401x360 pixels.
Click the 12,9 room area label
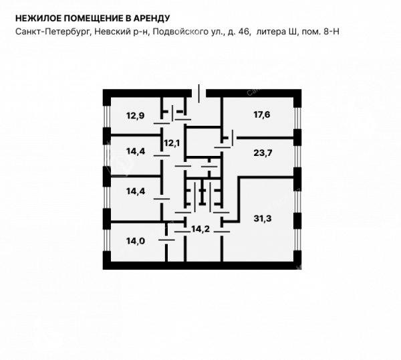(135, 116)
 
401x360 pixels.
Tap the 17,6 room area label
(262, 114)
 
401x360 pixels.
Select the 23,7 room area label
(263, 153)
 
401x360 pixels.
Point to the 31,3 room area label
(263, 219)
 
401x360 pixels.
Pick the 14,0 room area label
(136, 241)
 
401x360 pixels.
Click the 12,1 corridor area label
(172, 143)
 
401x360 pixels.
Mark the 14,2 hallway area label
(200, 229)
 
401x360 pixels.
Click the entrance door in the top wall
(199, 93)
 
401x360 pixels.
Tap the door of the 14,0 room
(166, 240)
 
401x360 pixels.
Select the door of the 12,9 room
(162, 123)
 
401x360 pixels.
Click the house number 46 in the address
(244, 31)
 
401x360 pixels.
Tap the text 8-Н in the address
(331, 31)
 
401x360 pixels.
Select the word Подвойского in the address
(180, 31)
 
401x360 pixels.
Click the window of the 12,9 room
(107, 116)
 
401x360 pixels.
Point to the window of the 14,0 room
(107, 240)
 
